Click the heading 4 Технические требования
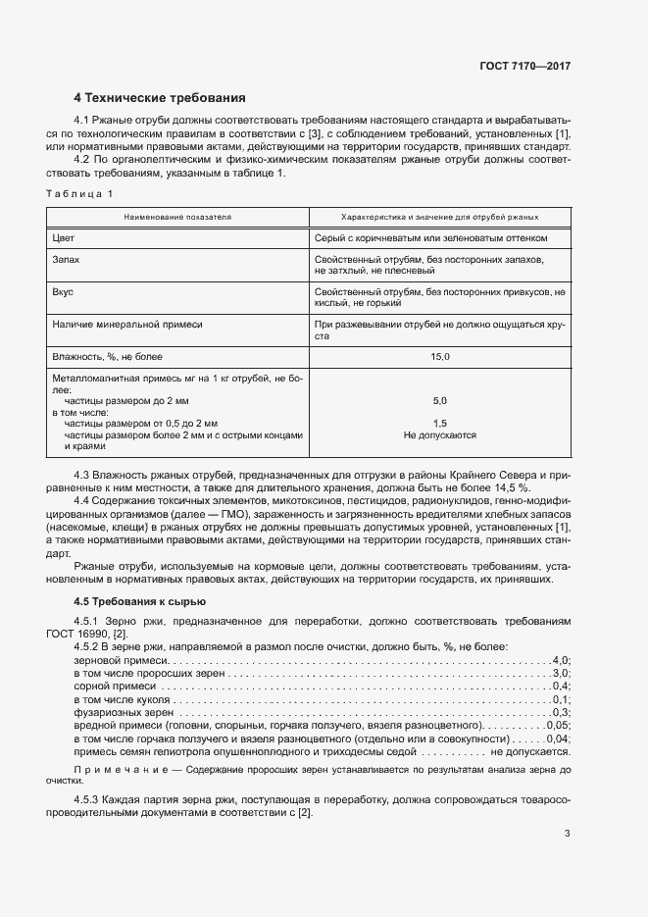[x=160, y=98]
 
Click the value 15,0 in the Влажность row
[x=439, y=356]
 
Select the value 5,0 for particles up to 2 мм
[x=439, y=401]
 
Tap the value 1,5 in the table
[x=439, y=423]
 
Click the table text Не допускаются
[x=439, y=434]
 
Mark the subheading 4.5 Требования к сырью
[x=139, y=601]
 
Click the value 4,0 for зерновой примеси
[x=561, y=661]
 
